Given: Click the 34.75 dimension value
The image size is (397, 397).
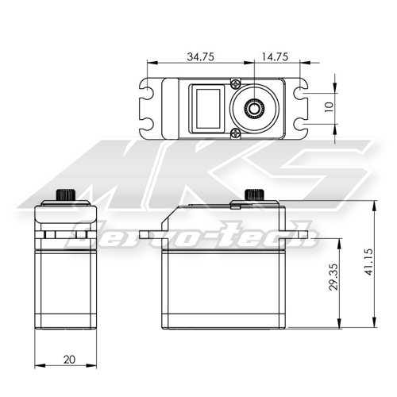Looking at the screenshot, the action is [x=200, y=56].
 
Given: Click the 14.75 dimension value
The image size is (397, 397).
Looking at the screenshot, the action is [x=275, y=56].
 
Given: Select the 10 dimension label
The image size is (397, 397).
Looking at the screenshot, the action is [x=329, y=106].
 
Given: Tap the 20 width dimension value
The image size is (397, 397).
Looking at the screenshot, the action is [x=69, y=360].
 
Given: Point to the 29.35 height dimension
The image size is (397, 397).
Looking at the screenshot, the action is [x=334, y=277].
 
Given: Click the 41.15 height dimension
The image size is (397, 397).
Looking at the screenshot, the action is [x=368, y=262].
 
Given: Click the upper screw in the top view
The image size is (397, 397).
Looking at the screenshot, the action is [x=235, y=84].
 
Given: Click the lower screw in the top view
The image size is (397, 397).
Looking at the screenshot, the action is [x=235, y=133].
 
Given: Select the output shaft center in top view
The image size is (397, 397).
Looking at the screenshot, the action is [x=254, y=108].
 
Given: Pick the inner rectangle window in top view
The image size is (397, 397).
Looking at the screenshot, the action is [x=208, y=108].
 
